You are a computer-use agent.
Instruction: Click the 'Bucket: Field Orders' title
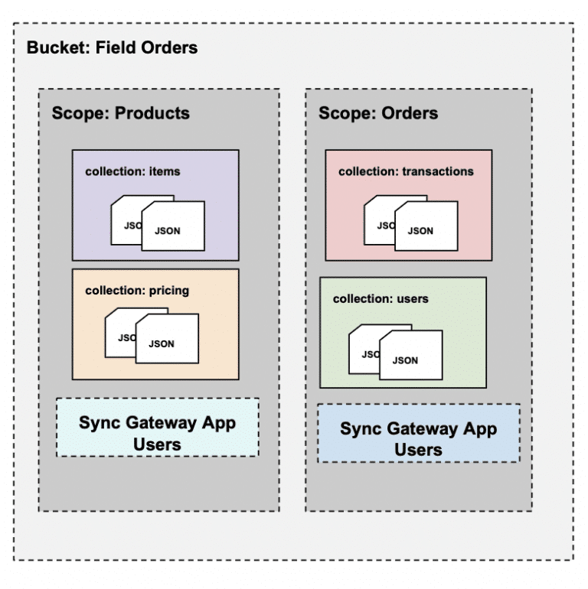pyautogui.click(x=113, y=48)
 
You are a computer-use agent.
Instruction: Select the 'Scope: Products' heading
pyautogui.click(x=120, y=113)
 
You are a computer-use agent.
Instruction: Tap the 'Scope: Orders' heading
pyautogui.click(x=377, y=113)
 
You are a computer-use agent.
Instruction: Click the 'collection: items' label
pyautogui.click(x=132, y=171)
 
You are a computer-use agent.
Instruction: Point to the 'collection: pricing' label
pyautogui.click(x=137, y=291)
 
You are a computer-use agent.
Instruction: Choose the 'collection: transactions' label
pyautogui.click(x=406, y=171)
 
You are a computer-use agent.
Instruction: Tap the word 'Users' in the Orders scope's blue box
pyautogui.click(x=418, y=450)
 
